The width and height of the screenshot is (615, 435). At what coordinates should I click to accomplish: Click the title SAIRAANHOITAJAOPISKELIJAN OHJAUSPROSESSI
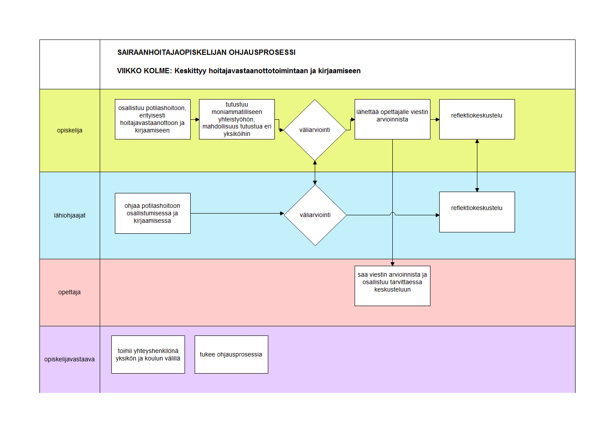(x=206, y=53)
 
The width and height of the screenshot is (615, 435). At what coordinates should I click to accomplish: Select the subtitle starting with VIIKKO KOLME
(x=238, y=71)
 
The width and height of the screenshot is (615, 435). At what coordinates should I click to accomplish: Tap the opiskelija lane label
(x=70, y=130)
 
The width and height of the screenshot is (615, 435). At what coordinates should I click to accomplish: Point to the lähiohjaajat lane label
(x=70, y=215)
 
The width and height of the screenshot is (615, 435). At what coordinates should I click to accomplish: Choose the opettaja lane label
(x=69, y=292)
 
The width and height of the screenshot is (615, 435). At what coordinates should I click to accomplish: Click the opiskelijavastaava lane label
(x=69, y=359)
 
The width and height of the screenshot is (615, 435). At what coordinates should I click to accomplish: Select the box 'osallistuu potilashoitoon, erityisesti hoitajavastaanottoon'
(x=153, y=119)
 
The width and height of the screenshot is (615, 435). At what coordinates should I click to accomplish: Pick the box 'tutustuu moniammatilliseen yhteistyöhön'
(x=237, y=119)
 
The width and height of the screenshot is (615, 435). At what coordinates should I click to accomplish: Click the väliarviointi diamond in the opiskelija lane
(x=315, y=130)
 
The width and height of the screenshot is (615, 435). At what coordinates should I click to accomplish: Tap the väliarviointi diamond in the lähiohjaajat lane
(x=315, y=215)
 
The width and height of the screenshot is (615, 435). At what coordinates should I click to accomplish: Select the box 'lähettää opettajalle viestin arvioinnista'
(x=392, y=119)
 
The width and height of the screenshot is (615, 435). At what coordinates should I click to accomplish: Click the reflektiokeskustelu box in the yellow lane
(x=477, y=119)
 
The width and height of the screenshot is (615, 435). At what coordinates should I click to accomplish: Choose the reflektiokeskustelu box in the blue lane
(x=477, y=212)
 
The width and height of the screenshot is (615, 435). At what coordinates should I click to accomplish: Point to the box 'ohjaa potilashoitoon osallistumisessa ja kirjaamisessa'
(x=153, y=214)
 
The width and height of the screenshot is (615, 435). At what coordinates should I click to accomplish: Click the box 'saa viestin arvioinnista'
(x=392, y=286)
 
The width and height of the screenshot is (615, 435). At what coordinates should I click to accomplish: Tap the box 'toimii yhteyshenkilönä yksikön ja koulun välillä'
(x=148, y=355)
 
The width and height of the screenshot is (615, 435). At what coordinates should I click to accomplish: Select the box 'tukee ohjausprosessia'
(x=231, y=355)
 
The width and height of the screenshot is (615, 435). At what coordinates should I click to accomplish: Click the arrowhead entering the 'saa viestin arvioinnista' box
(x=393, y=264)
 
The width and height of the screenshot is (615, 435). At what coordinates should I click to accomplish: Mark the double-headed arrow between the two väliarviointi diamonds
(x=315, y=173)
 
